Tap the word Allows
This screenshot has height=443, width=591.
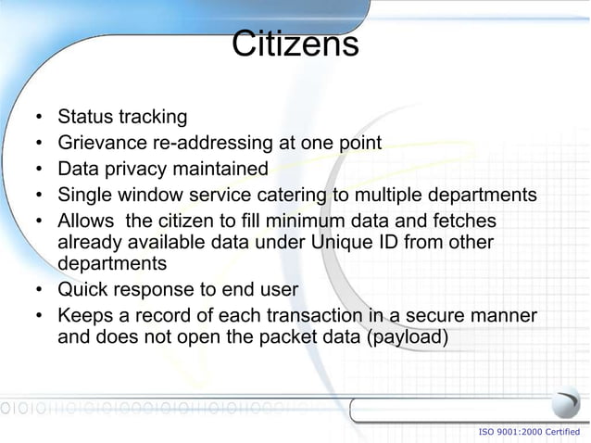pos(86,221)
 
